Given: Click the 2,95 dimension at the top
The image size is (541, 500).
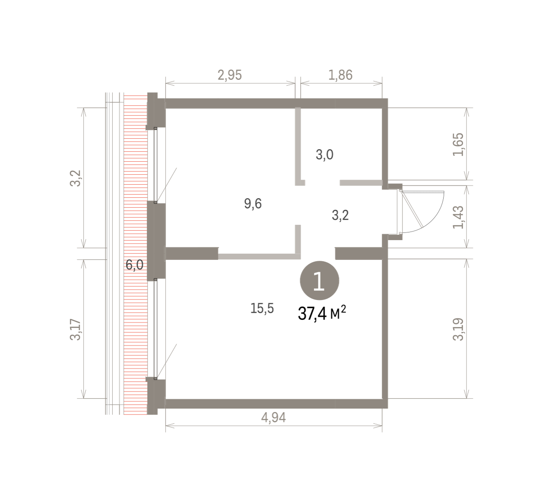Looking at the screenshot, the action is (x=229, y=75).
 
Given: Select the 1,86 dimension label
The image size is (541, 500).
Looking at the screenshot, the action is (x=340, y=75).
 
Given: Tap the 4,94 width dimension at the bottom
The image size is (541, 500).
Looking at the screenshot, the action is (x=274, y=418).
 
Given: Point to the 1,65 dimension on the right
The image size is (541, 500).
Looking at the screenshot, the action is (x=458, y=144).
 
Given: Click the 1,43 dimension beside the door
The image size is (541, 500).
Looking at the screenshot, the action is (x=458, y=217).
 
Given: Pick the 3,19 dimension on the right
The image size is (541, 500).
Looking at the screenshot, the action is (x=458, y=329).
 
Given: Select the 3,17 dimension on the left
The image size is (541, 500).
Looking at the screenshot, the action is (x=75, y=329).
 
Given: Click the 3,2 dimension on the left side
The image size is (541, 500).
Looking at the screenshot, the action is (x=75, y=178).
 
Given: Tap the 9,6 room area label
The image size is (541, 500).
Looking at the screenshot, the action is (x=253, y=204).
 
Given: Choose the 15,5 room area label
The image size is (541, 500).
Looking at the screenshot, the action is (x=262, y=309).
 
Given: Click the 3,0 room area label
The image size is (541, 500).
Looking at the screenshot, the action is (x=325, y=155).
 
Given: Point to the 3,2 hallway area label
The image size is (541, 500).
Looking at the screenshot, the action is (x=340, y=215).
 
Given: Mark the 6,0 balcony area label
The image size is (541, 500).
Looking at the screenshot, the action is (x=134, y=264).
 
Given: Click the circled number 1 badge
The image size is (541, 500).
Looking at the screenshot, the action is (x=319, y=281).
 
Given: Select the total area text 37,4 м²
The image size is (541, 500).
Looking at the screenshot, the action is (x=322, y=313).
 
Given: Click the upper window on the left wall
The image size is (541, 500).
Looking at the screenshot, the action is (x=156, y=165).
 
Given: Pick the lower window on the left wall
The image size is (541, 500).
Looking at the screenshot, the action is (x=156, y=329).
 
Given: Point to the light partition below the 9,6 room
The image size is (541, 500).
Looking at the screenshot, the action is (x=259, y=256).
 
